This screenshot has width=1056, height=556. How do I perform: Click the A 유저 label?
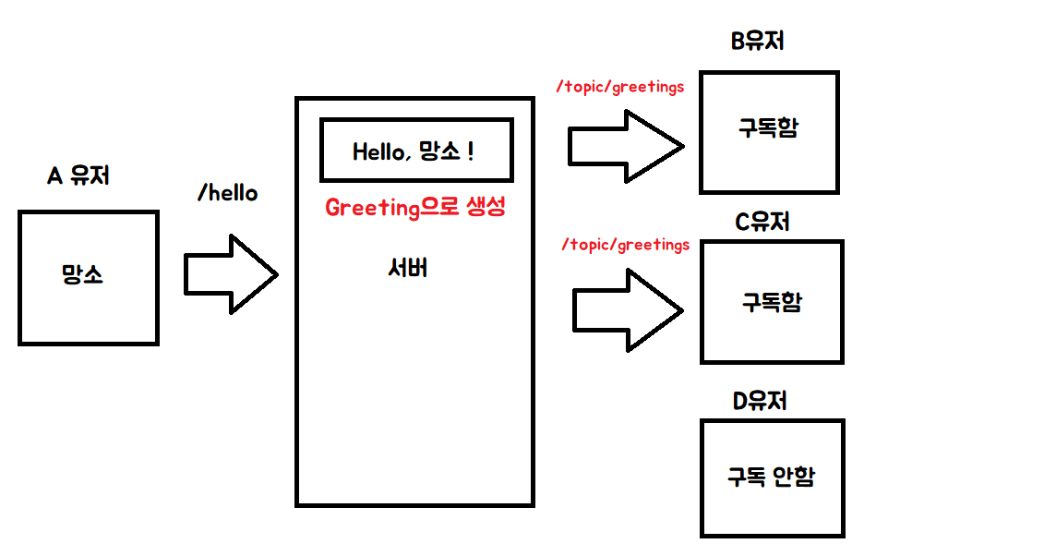coord(78,175)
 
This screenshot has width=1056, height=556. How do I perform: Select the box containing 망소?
coord(88,277)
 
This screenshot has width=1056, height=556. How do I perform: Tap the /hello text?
coord(228,194)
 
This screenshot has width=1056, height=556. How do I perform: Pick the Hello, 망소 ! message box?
coord(416,150)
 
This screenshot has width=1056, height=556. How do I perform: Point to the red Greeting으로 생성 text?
coord(415,208)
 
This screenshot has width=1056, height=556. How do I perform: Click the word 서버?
coord(408,269)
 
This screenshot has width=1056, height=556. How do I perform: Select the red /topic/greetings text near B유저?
coord(620,88)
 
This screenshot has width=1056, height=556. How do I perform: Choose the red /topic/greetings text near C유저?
coord(625,246)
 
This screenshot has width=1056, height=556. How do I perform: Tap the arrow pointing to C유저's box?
coord(629,309)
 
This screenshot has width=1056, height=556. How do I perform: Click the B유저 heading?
coord(757,41)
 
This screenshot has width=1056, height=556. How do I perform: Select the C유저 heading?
coord(762,223)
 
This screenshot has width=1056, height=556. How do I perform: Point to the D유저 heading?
coord(761,402)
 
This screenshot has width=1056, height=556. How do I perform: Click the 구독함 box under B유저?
coord(768,132)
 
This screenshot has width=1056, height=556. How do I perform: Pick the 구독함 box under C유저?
coord(772,301)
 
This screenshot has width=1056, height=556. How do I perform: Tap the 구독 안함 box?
coord(772,477)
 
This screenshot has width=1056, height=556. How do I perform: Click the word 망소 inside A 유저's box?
coord(83,275)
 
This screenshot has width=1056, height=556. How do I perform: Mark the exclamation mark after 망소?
coord(471,151)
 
